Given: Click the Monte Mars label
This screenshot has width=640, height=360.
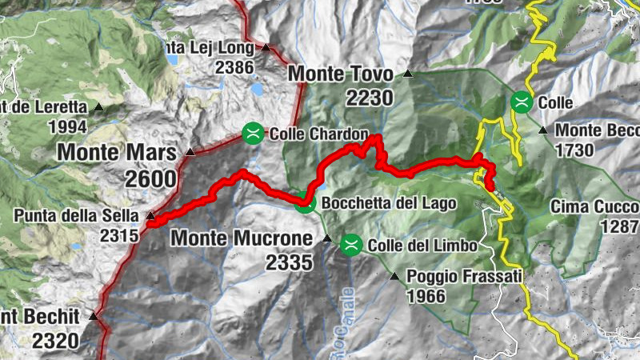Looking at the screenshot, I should [x=117, y=152].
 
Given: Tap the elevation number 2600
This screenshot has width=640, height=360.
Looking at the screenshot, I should [x=150, y=178].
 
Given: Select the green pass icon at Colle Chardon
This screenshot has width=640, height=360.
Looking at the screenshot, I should [x=253, y=133].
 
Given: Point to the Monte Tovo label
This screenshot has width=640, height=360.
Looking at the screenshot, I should [x=340, y=74].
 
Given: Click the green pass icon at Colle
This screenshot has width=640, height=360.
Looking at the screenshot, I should [x=522, y=102].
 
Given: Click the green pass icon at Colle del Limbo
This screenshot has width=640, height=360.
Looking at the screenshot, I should [x=350, y=245].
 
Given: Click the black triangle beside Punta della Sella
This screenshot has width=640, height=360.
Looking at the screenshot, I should [x=150, y=215].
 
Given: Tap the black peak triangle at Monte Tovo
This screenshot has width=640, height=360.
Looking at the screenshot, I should [x=408, y=74].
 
